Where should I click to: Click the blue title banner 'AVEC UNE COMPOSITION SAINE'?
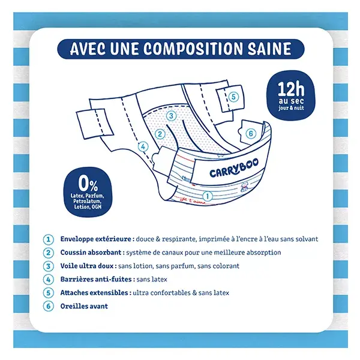(x=180, y=49)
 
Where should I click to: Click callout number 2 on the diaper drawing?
(x=160, y=135)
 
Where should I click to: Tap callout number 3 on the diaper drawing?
(x=171, y=116)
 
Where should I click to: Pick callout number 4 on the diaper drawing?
(x=143, y=146)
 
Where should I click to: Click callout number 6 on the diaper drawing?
(x=250, y=133)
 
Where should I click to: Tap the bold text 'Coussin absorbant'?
(x=89, y=253)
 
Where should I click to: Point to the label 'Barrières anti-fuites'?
(x=93, y=280)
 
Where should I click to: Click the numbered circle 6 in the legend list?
(x=49, y=307)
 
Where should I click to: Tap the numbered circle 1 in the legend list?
(x=49, y=239)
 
